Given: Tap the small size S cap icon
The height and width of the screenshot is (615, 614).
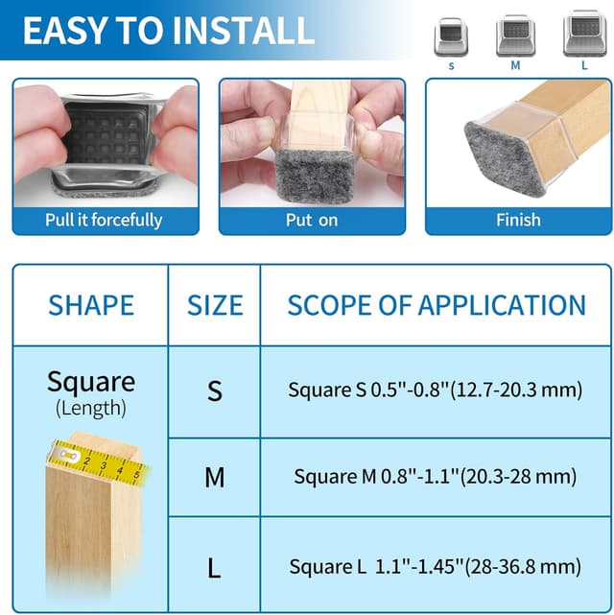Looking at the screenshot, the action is coord(451,36).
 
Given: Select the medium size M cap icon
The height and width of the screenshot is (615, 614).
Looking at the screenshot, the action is coord(515,35).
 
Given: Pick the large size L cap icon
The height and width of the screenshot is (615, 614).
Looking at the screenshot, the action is coord(584,34).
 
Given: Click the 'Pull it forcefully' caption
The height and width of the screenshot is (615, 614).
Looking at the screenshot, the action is coord(104,220).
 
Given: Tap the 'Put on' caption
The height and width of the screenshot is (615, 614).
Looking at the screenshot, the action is coord(312,220).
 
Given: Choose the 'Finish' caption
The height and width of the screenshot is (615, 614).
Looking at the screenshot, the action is coord(518,220).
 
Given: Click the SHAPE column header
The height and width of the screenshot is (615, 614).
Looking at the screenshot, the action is coord(91,305).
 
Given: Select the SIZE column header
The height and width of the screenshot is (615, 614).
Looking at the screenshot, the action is coord(215,305).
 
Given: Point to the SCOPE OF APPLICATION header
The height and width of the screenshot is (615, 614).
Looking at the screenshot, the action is coord(437,305).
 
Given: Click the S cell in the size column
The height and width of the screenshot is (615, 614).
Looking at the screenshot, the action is coord(215,391).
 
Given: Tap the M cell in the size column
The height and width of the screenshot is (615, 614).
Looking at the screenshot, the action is coord(215,478).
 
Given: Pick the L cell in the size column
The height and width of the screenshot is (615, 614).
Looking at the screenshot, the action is coord(214,568).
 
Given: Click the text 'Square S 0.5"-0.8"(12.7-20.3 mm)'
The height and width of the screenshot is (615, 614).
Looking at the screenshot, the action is coord(436,390).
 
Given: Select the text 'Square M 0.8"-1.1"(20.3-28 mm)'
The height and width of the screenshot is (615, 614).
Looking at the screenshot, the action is coord(436,477).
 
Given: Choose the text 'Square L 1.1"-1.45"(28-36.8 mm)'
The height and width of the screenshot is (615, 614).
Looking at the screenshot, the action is coord(436,567).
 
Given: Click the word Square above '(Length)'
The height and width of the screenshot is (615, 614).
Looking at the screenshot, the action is coord(91,383).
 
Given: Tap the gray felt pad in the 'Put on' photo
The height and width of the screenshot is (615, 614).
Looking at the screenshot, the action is coord(316,176).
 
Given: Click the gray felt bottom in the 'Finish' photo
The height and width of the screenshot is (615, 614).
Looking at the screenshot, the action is coord(504,159).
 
